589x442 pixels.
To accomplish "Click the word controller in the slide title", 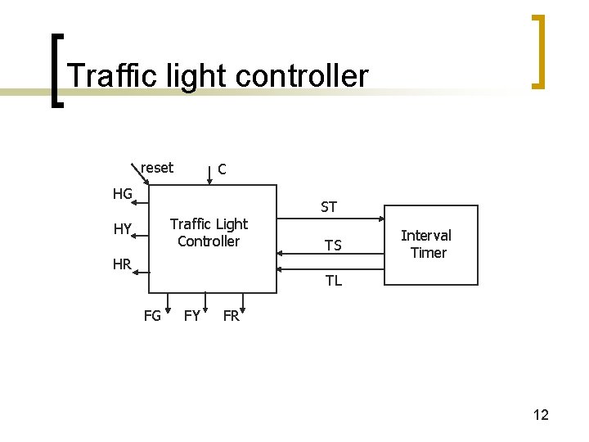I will point(303,75).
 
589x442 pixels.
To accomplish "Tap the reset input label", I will point(157,168).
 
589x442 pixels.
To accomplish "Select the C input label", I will point(222,169).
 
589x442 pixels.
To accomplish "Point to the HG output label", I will point(123,194).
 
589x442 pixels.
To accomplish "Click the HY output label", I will point(123,229).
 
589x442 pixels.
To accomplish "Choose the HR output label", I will point(123,264).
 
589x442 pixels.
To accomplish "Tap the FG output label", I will point(152,316).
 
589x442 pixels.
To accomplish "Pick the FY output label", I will point(191,316).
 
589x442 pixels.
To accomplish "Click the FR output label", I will point(231,316).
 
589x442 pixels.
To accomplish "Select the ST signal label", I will point(329,207).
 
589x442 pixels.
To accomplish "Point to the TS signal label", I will point(333,246).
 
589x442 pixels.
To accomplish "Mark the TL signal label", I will point(333,281).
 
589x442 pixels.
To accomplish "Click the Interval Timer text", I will point(426,244).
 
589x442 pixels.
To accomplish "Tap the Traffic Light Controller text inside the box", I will point(209,232).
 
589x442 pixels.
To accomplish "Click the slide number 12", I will point(541,415).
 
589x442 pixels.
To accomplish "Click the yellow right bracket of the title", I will point(537,51).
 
